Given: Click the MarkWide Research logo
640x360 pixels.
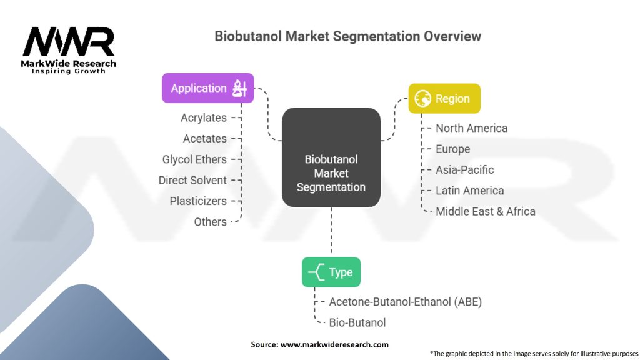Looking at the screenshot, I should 69,49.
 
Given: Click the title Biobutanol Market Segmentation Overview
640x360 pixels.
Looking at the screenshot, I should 347,36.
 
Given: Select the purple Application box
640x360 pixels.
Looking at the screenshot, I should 208,88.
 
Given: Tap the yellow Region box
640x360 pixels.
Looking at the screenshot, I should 444,99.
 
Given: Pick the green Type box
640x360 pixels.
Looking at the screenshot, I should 331,272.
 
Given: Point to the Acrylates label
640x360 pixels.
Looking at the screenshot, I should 203,117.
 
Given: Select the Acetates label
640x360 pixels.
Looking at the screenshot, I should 204,138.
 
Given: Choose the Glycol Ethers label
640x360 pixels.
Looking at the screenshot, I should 194,159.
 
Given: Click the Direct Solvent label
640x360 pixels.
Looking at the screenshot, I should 192,180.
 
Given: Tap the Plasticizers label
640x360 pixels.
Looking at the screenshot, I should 198,201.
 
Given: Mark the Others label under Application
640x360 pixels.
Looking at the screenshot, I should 210,222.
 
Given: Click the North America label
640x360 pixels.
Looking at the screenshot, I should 471,128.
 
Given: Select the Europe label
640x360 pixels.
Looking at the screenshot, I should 452,149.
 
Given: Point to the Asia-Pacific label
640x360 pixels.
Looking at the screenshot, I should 464,169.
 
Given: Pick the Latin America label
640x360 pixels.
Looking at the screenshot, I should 469,191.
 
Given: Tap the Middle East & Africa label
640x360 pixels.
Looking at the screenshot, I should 485,211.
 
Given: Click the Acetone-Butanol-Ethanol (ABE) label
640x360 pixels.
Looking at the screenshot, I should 405,302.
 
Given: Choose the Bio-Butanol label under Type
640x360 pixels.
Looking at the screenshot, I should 357,322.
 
